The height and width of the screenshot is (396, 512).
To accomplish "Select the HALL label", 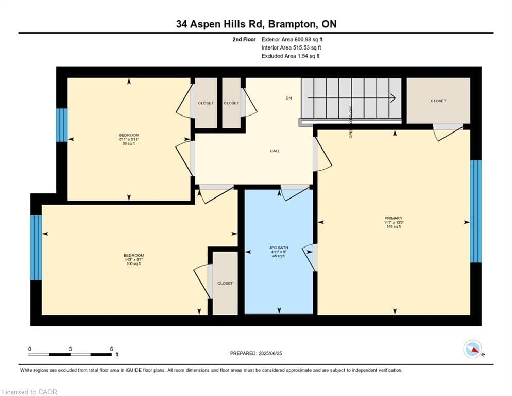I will click(x=275, y=151).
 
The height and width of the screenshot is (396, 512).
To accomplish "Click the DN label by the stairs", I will click(x=289, y=98).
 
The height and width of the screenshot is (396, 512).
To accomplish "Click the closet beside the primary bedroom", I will click(x=438, y=101).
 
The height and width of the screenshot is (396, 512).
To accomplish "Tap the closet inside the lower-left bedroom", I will click(x=225, y=283).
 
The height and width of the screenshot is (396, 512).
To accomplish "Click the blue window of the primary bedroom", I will click(x=476, y=211).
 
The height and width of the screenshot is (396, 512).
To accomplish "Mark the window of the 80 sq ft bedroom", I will click(x=62, y=125).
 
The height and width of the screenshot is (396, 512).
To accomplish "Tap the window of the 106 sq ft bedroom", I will click(x=36, y=247).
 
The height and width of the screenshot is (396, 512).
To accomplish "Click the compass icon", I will click(x=472, y=349).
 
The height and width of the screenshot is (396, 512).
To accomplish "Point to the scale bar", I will click(x=71, y=354).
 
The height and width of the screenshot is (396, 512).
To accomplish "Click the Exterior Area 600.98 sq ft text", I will click(x=292, y=39).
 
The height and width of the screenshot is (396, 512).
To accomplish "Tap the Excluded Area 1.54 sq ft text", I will click(x=291, y=56).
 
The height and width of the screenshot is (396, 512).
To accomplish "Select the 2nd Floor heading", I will click(x=244, y=39).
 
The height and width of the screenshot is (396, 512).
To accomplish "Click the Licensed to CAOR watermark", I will click(x=30, y=392).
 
